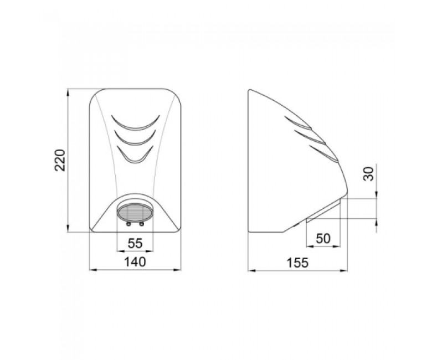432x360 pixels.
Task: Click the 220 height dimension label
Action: tap(60, 160)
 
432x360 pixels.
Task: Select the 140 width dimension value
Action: tap(135, 261)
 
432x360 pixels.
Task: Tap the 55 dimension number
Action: tap(135, 243)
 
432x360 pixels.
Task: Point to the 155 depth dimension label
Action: tap(297, 263)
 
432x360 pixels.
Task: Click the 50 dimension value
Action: tap(323, 239)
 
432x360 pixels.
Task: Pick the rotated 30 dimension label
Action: tap(369, 173)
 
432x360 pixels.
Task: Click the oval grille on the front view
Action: tap(135, 213)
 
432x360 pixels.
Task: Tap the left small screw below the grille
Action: tap(128, 224)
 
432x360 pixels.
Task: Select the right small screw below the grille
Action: tap(142, 224)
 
